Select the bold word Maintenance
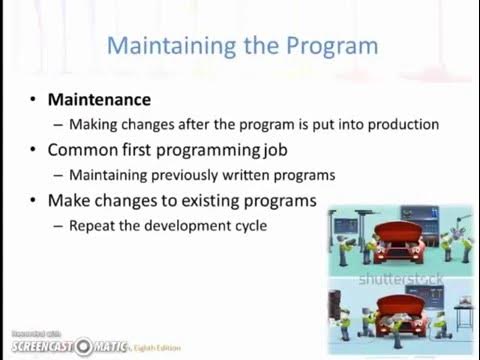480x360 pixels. click(x=99, y=100)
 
